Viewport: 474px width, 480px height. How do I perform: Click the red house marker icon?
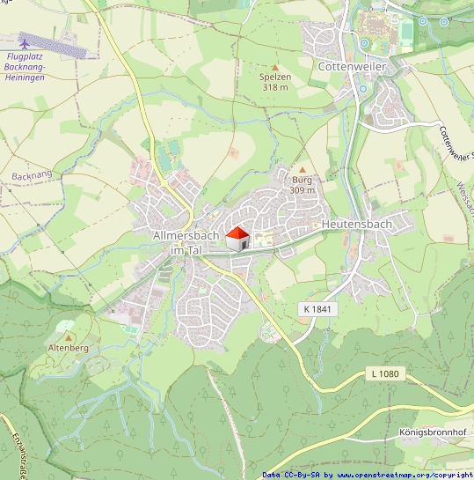[x=237, y=237]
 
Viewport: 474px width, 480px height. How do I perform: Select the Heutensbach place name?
[x=356, y=225]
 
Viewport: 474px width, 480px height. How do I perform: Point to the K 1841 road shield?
[x=317, y=309]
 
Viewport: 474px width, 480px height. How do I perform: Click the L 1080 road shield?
[x=384, y=374]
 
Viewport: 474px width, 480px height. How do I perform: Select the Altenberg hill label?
[x=66, y=348]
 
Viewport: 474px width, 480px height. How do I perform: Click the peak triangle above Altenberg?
[x=67, y=336]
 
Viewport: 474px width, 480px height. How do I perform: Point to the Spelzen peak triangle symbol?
[x=275, y=66]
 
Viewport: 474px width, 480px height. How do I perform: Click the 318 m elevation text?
[x=275, y=88]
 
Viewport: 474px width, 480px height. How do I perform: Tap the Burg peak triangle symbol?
[x=303, y=169]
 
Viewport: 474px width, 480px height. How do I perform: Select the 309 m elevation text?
[x=303, y=190]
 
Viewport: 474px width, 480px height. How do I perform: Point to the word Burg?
[x=303, y=180]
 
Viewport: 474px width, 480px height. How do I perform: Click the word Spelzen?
[x=275, y=78]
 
